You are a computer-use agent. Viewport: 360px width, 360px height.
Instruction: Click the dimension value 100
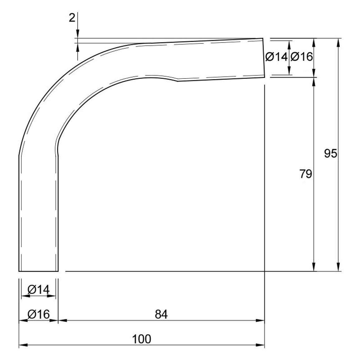[x=142, y=339]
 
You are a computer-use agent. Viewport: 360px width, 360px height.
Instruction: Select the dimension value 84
[x=161, y=314]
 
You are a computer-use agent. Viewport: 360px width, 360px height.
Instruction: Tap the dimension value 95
[x=331, y=153]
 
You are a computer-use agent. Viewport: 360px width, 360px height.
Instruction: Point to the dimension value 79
[x=306, y=174]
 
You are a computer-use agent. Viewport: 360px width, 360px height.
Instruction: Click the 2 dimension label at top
[x=72, y=18]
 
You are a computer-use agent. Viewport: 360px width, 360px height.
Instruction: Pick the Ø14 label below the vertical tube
[x=39, y=290]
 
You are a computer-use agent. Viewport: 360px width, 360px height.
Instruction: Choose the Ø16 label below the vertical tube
[x=39, y=314]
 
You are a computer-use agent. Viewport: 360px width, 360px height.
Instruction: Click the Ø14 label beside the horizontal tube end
[x=276, y=57]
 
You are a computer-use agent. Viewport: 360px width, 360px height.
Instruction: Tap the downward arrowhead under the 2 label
[x=78, y=34]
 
